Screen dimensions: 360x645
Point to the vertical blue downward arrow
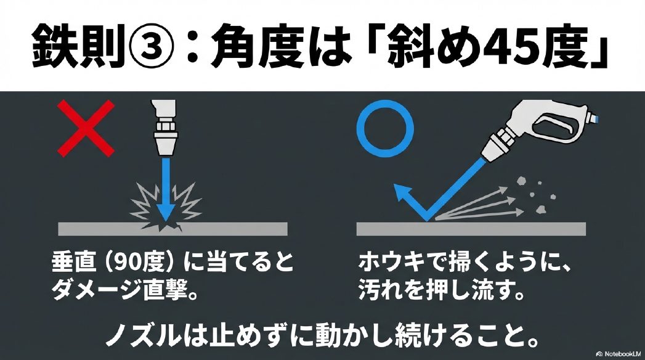coord(165,191)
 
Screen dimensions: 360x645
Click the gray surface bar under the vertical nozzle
coord(172,229)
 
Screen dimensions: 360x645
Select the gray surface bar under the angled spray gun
coord(471,229)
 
